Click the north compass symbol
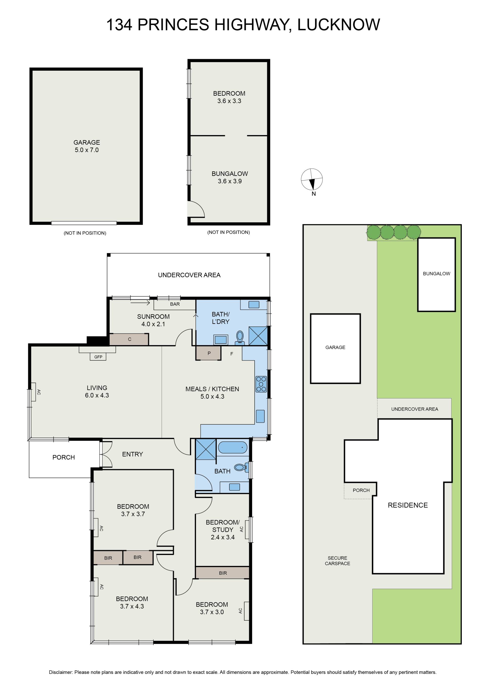click(311, 179)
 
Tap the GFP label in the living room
click(98, 357)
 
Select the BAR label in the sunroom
click(175, 304)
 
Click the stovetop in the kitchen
click(261, 384)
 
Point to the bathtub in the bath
click(233, 447)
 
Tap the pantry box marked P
click(209, 353)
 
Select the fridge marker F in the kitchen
click(232, 354)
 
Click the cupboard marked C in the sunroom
click(129, 339)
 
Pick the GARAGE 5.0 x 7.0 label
click(87, 146)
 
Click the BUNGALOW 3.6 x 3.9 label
click(230, 177)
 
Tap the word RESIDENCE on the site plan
click(408, 505)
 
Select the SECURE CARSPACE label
click(337, 561)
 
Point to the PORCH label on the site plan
click(361, 490)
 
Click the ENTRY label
click(133, 454)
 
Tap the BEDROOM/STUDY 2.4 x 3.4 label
click(223, 530)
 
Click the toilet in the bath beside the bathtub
click(241, 467)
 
